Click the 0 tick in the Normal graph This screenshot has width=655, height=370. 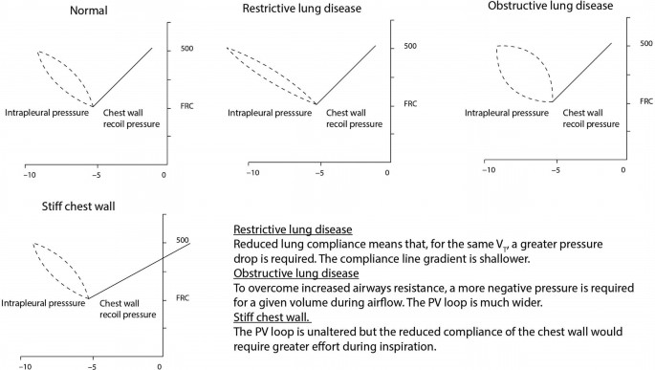point(164,176)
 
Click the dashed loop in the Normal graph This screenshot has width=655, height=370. point(65,76)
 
